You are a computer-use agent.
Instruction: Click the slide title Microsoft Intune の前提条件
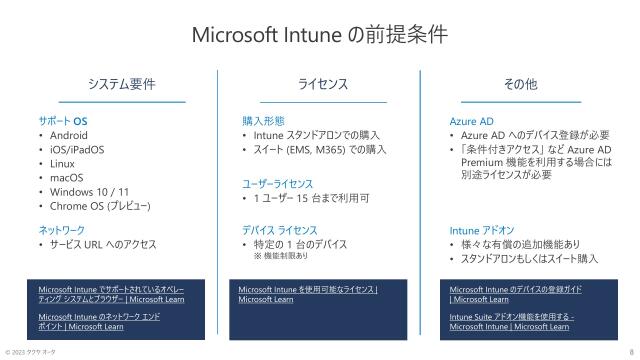click(319, 34)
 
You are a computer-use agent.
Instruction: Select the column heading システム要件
click(121, 85)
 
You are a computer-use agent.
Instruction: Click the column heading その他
click(521, 85)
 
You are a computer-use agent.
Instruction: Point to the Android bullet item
click(68, 135)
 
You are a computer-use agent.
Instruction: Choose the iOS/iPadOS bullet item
click(77, 149)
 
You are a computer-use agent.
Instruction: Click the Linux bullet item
click(62, 163)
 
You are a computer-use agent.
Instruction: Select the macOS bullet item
click(66, 177)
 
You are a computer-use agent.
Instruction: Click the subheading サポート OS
click(61, 120)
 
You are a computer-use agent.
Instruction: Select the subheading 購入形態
click(263, 120)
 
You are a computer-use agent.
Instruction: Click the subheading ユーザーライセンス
click(277, 184)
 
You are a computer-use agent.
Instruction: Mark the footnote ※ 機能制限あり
click(287, 256)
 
